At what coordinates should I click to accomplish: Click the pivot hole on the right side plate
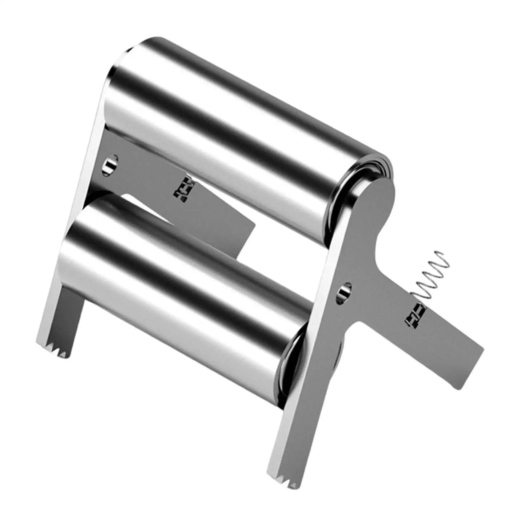tap(344, 293)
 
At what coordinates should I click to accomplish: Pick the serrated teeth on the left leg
tap(55, 349)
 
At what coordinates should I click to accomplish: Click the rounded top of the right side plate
tap(379, 193)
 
